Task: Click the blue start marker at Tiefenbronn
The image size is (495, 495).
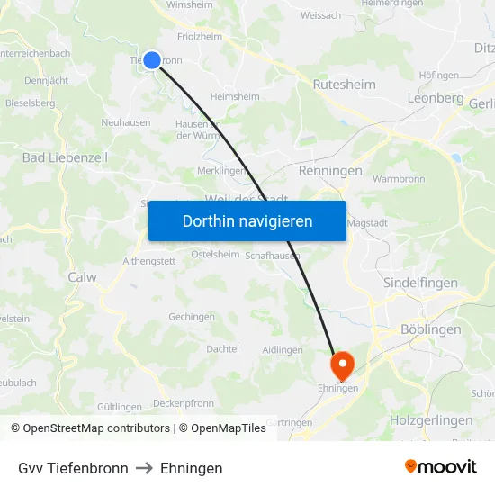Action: tap(152, 60)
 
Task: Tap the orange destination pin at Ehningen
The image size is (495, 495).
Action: tap(342, 364)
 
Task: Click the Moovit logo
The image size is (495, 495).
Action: tap(441, 467)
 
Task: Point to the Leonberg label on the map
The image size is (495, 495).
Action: tap(435, 98)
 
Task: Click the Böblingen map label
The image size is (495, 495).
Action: tap(430, 329)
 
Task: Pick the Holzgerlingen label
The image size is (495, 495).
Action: tap(431, 420)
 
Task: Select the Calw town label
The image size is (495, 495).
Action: tap(82, 277)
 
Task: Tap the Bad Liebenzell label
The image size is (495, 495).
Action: tap(65, 157)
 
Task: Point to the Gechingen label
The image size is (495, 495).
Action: tap(191, 317)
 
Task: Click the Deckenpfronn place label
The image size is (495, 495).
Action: tap(184, 403)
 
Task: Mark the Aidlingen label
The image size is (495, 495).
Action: tap(282, 349)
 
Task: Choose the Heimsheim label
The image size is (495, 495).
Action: tap(234, 96)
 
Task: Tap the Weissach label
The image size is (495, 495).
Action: tap(320, 15)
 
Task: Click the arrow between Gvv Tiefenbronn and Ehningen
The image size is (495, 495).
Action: tap(144, 468)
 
